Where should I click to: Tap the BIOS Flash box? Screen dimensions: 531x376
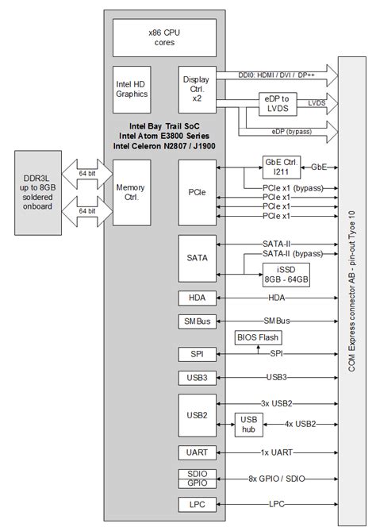click(x=256, y=337)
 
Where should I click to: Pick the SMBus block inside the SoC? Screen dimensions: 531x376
click(x=196, y=321)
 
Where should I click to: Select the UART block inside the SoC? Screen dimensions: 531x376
click(x=196, y=452)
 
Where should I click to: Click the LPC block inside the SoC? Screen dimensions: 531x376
click(x=196, y=504)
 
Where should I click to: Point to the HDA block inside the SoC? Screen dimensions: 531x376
click(x=196, y=298)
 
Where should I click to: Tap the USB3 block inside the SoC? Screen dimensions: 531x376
click(x=196, y=377)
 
